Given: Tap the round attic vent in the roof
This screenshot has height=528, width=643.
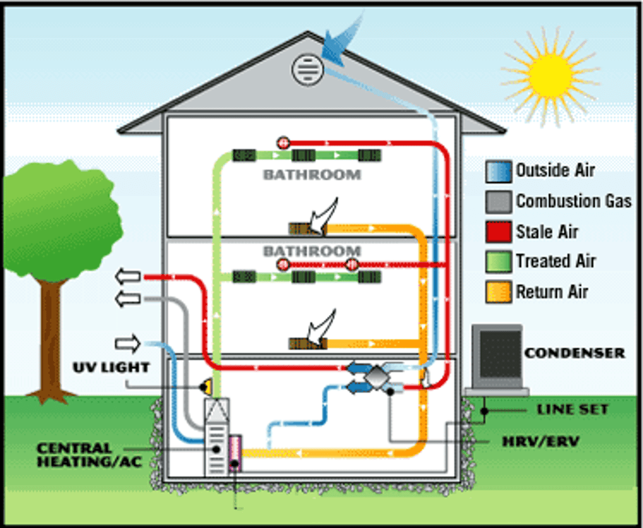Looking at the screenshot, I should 308,70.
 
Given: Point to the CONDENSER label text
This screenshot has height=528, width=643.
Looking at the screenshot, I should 574,353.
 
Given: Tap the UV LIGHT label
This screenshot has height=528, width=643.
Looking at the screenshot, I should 111,368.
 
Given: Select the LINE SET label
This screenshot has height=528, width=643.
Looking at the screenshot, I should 572,410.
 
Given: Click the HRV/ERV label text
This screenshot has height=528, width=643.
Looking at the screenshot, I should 540,443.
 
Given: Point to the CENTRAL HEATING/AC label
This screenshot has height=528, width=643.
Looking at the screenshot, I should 89,454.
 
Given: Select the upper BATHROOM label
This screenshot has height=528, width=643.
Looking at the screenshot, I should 311,174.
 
